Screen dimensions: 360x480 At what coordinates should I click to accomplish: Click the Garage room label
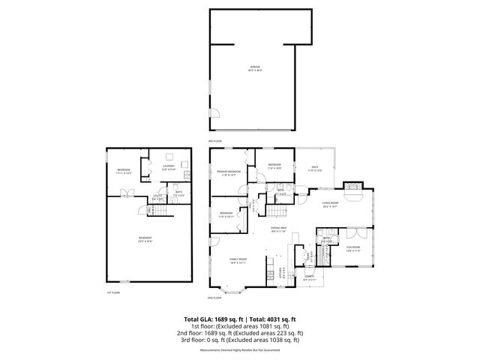(x=255, y=68)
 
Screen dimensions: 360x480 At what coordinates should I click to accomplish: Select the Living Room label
(x=331, y=205)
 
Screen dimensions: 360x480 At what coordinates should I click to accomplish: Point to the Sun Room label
(x=353, y=248)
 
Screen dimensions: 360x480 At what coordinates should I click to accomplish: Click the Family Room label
(x=238, y=261)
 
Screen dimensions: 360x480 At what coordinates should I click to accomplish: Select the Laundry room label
(x=168, y=167)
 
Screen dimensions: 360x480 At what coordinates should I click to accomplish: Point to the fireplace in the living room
(x=351, y=187)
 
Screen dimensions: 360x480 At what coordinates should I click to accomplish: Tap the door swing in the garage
(x=214, y=115)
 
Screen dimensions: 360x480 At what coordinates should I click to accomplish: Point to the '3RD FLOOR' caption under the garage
(x=214, y=140)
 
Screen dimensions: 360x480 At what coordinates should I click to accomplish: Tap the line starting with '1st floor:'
(x=240, y=326)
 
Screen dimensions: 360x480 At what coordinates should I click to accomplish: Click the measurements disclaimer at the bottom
(x=240, y=349)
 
